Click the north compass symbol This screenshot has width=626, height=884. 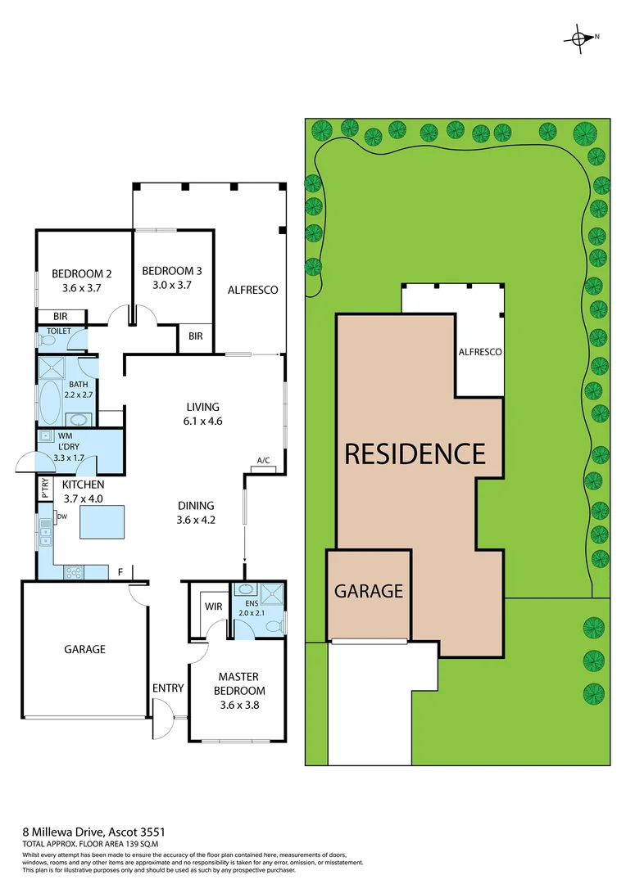(581, 38)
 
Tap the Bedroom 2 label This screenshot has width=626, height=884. (81, 273)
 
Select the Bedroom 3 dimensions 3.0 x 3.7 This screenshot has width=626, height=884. (172, 285)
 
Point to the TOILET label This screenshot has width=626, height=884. (59, 331)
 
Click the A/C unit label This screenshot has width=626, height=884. (264, 461)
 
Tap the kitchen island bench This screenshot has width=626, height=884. (102, 521)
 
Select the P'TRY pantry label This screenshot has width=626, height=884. (44, 489)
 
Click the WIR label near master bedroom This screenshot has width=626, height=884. (214, 607)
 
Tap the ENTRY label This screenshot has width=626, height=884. (168, 688)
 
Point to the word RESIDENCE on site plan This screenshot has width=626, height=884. (415, 453)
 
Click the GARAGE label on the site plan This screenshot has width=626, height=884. (369, 590)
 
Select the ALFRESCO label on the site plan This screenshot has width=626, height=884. (480, 351)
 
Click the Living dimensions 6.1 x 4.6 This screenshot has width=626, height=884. (202, 422)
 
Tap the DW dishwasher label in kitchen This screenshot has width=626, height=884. (61, 516)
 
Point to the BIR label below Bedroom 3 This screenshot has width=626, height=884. (196, 336)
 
